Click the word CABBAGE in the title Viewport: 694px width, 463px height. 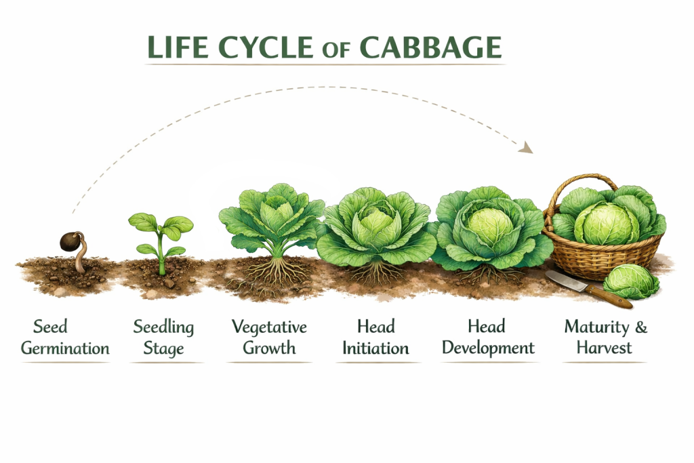coord(430,47)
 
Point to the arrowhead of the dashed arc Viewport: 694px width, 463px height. coord(526,147)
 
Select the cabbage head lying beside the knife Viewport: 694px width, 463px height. coord(630,281)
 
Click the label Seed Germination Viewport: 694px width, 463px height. coord(64,338)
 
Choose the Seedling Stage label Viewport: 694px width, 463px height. coord(163,338)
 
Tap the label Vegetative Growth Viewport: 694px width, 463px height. coord(269,338)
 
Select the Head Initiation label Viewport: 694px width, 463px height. coord(375,338)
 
